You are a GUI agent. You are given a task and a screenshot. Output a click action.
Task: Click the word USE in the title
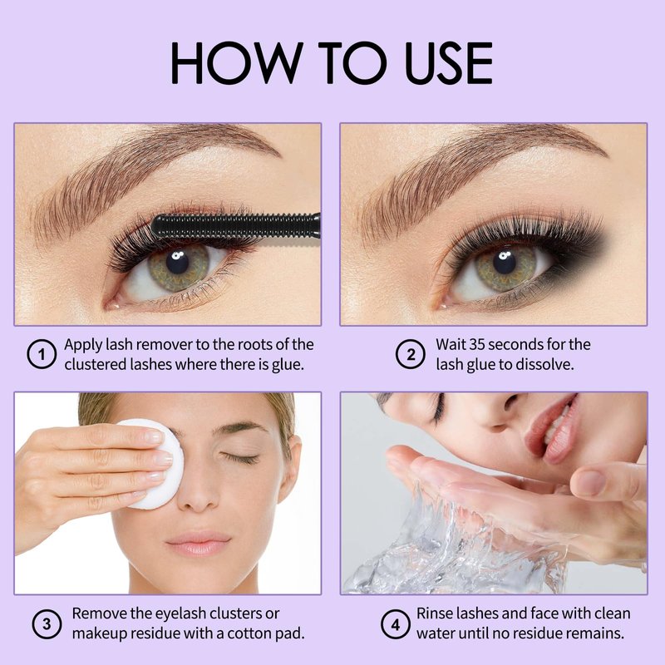[449, 63]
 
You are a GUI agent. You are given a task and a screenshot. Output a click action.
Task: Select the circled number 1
[42, 354]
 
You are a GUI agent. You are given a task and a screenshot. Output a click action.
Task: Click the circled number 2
[411, 354]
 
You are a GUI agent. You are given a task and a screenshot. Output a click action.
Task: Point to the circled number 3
[47, 624]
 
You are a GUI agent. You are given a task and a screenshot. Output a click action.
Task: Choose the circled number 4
[396, 624]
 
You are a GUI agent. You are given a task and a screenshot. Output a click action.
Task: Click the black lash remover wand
[236, 226]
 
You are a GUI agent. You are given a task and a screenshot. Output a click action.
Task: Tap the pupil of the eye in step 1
[177, 262]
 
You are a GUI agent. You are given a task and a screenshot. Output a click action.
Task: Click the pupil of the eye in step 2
[505, 262]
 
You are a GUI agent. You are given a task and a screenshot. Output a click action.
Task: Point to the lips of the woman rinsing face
[551, 428]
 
